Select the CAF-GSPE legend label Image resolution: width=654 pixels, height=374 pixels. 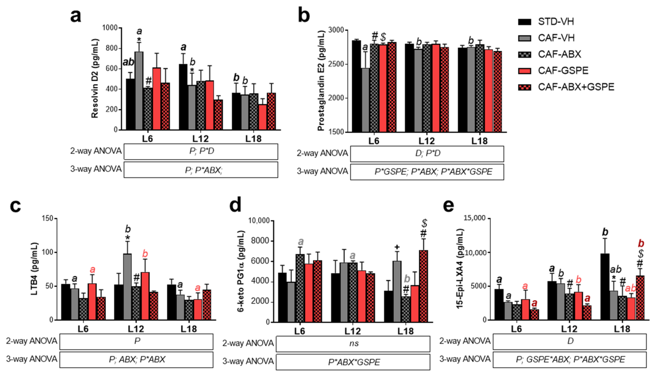point(563,70)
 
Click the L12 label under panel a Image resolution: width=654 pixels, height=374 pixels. point(200,139)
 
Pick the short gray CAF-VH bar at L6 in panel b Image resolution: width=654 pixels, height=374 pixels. point(365,100)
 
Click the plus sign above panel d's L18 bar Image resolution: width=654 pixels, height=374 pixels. point(397,247)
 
